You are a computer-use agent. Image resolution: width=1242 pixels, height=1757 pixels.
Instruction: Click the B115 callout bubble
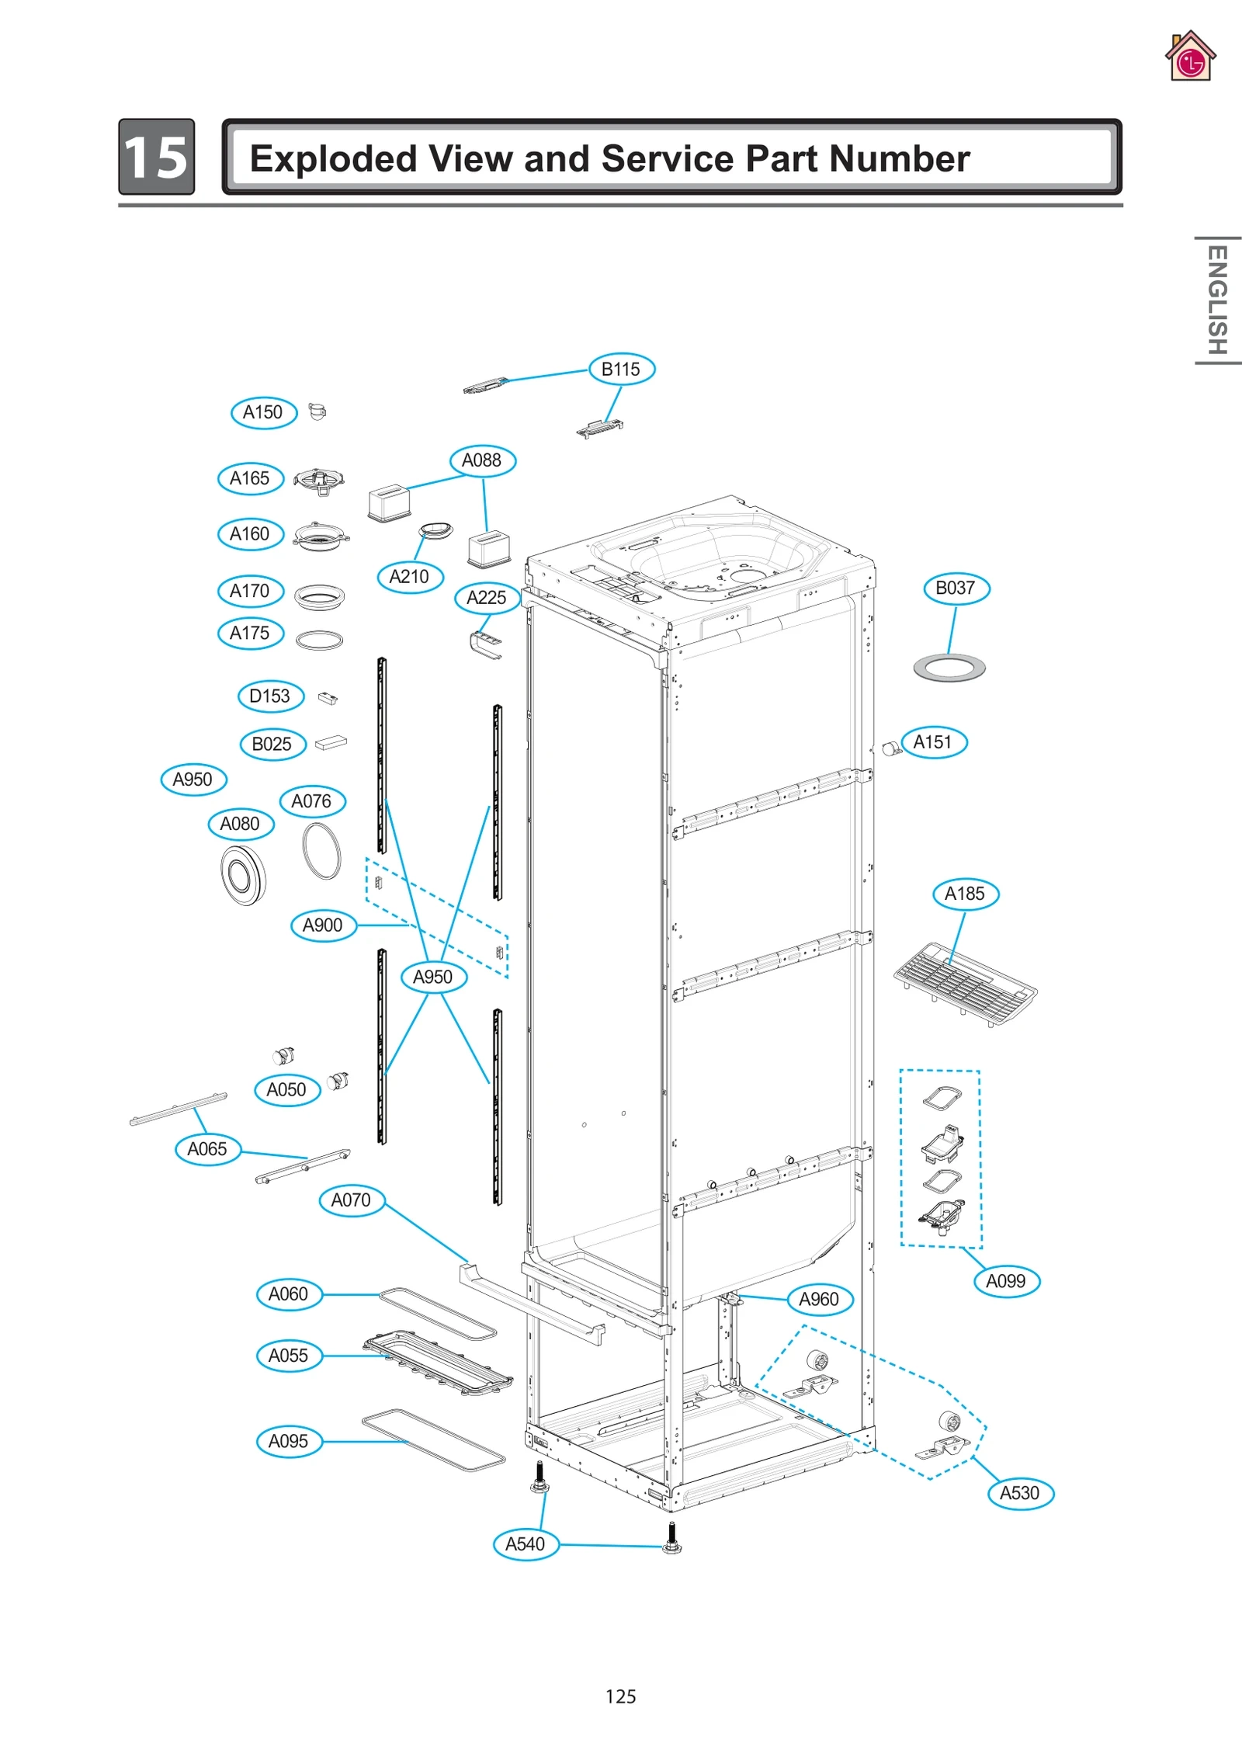621,369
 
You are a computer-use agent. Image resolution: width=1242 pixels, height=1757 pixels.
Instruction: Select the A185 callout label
965,894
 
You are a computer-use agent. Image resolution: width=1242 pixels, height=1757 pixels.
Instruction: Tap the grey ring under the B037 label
949,668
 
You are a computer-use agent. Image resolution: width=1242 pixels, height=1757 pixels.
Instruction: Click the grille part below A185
965,984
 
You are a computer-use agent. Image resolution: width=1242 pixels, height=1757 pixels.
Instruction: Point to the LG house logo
1190,57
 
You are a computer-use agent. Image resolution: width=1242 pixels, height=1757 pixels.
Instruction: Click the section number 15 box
156,157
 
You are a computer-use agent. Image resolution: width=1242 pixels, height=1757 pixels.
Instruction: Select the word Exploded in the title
333,159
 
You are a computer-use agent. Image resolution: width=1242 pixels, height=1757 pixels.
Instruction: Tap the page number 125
620,1696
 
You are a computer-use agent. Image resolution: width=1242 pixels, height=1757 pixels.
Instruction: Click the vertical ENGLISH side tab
1216,300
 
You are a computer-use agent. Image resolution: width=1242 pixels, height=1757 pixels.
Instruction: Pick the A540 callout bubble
526,1544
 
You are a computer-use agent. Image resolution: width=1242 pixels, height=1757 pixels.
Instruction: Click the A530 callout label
1019,1493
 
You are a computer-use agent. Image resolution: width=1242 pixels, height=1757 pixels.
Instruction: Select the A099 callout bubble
1006,1281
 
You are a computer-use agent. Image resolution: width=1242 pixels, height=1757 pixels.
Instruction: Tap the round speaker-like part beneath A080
243,875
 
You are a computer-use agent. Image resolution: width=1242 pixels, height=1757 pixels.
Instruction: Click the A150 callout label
263,412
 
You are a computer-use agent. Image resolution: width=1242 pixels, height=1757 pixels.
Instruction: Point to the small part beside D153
328,698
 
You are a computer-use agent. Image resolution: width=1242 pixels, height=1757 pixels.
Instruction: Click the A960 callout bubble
819,1299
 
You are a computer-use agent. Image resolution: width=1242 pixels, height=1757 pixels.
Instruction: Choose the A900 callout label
322,925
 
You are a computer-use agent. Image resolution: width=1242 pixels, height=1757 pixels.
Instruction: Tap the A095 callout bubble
288,1441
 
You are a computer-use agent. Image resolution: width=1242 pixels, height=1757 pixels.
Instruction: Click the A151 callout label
933,742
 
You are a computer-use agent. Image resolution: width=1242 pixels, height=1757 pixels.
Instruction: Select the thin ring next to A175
319,640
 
